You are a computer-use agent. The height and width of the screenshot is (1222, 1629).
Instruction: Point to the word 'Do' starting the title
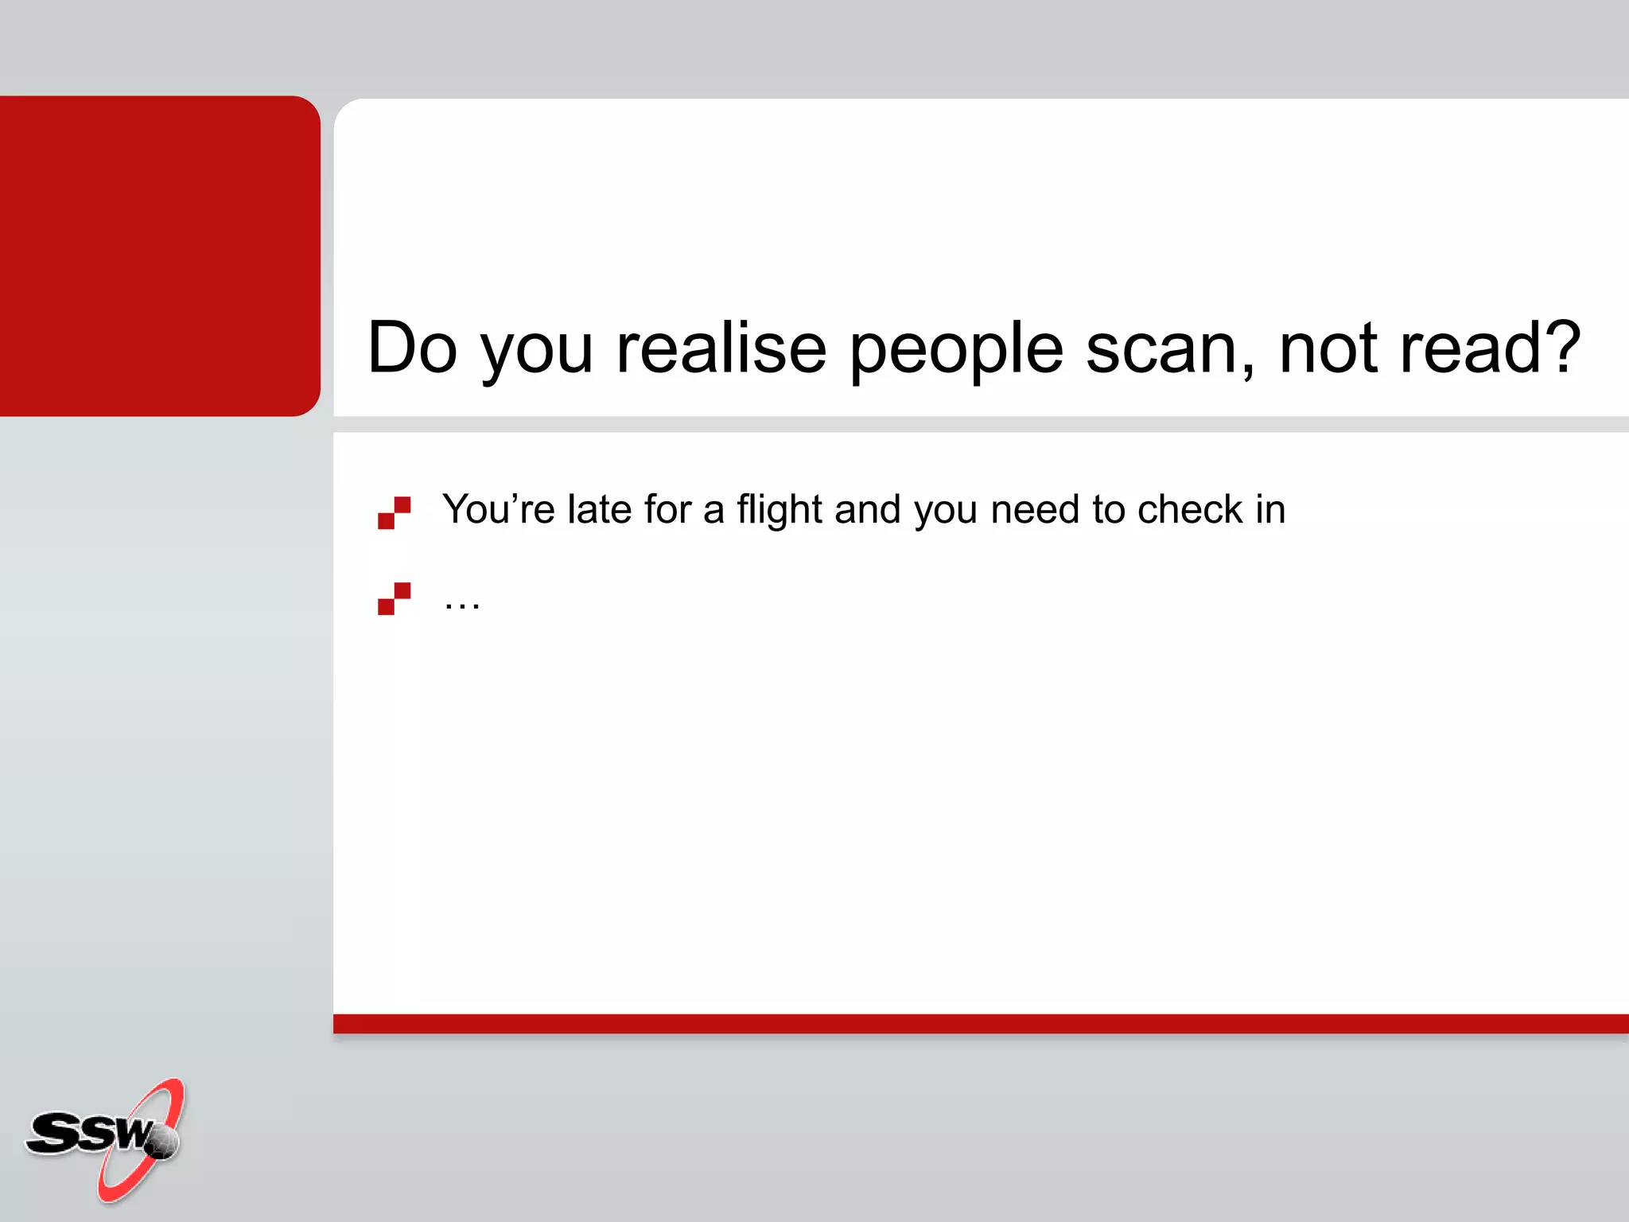(x=412, y=348)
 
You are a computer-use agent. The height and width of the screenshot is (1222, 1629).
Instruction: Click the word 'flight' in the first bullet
(x=779, y=510)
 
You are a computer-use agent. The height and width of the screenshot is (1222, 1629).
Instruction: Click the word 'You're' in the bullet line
(x=498, y=509)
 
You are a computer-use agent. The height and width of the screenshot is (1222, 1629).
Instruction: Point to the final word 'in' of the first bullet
(x=1270, y=509)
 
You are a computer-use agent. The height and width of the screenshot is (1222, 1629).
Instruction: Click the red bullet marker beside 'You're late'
(x=394, y=513)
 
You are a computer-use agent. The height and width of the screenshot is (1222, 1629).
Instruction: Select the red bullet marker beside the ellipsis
(x=394, y=598)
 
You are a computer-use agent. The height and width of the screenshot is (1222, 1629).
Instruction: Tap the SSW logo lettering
(x=87, y=1133)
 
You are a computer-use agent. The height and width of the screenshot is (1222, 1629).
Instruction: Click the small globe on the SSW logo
(x=162, y=1142)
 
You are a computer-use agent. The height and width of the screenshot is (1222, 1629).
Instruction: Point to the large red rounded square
(x=159, y=255)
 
